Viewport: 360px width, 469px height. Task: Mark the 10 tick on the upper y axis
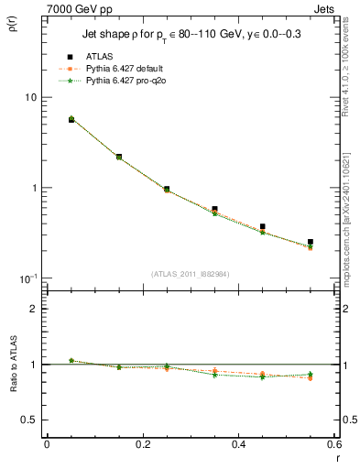[29, 97]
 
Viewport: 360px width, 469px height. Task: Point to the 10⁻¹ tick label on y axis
[27, 278]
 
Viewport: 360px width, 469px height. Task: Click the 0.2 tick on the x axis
[142, 446]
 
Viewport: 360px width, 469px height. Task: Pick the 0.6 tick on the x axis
[334, 446]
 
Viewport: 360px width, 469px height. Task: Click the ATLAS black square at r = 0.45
[262, 226]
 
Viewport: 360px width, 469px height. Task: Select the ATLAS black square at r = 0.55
[311, 242]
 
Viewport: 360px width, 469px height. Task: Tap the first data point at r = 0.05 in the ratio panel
[71, 360]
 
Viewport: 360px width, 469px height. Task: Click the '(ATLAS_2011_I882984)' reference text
[190, 274]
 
